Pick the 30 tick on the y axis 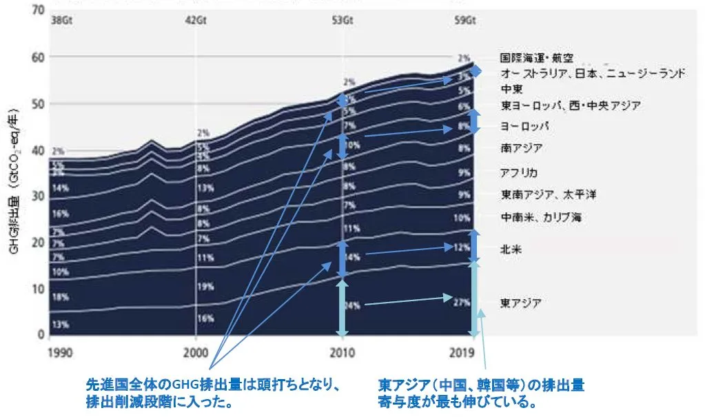(x=38, y=196)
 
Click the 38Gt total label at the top (x=61, y=20)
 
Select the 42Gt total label (x=196, y=20)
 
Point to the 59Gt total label (x=464, y=20)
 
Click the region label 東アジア (x=520, y=303)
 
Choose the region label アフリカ (x=519, y=172)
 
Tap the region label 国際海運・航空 (x=536, y=59)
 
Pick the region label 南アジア (x=520, y=148)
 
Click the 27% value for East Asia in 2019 (x=462, y=302)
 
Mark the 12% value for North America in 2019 (x=462, y=247)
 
